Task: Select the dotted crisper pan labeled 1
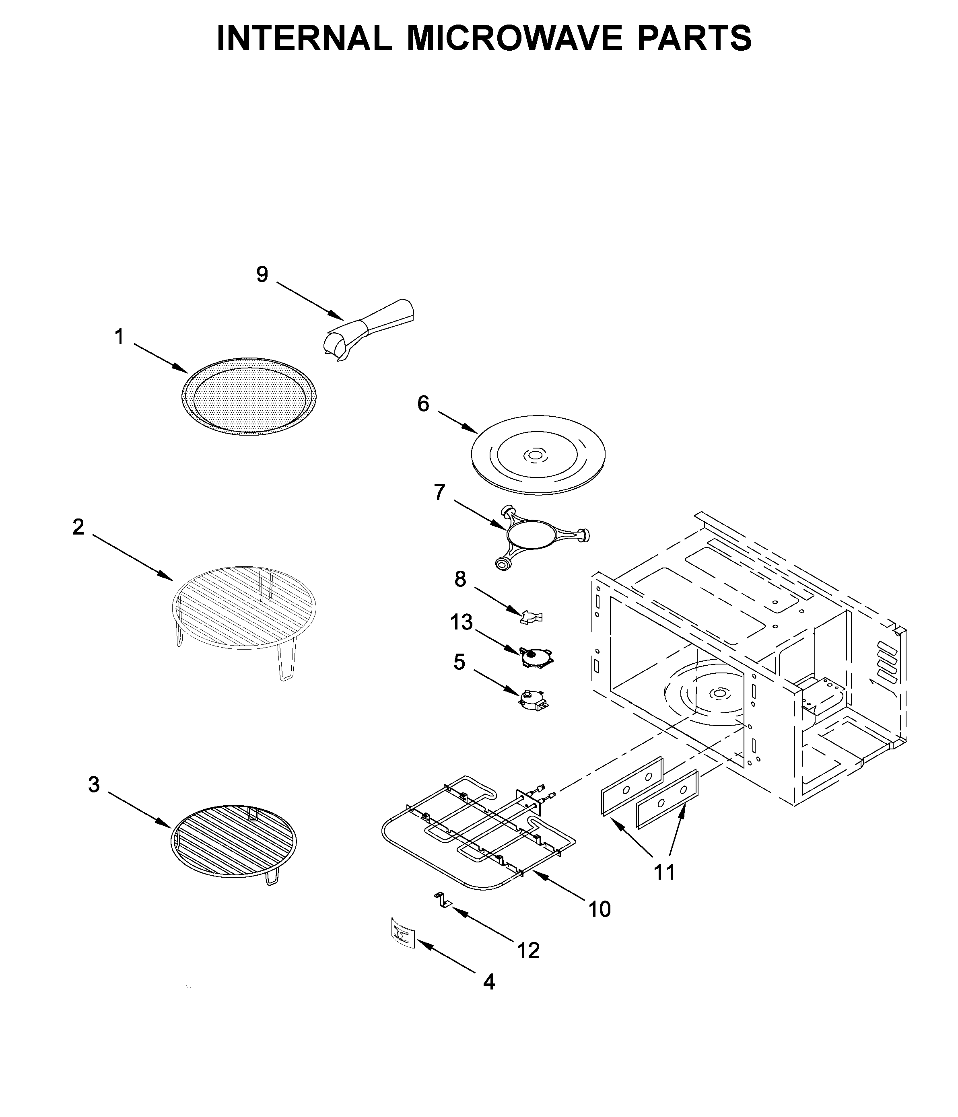pos(249,396)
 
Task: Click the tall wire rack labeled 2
pos(244,609)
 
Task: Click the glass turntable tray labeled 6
pos(538,456)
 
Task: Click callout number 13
pos(461,622)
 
